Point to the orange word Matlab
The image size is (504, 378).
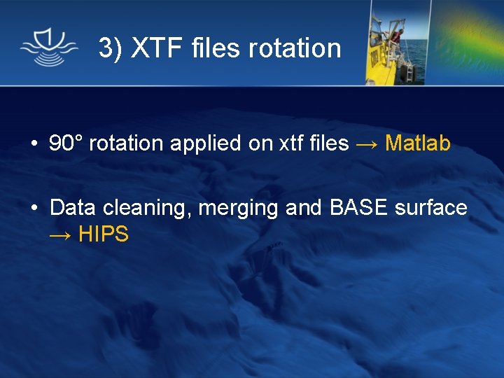418,143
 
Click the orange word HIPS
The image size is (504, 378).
104,234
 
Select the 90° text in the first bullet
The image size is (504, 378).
66,143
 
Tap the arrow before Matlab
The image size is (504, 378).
367,143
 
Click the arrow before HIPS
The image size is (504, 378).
60,234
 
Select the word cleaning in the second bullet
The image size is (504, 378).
148,209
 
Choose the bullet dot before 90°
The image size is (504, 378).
34,144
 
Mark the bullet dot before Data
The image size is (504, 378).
34,209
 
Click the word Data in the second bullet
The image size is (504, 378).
73,208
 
